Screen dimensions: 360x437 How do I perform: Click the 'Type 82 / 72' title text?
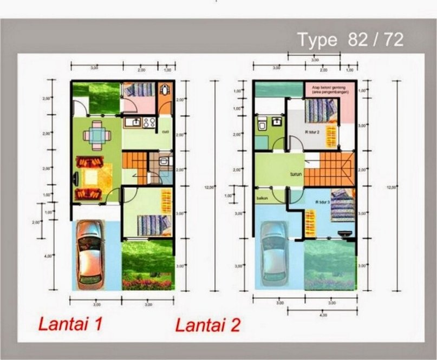[x=350, y=40]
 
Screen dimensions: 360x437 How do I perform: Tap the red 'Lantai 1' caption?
[x=70, y=324]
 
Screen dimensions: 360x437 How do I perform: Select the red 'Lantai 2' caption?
[x=208, y=325]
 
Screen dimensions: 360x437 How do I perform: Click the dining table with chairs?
[x=96, y=135]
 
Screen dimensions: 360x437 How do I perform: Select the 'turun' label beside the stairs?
[x=295, y=174]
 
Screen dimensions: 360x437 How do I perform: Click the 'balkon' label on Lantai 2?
[x=263, y=199]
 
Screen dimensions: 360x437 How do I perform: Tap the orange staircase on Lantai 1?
[x=134, y=160]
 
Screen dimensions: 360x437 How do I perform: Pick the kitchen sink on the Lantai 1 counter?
[x=132, y=122]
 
